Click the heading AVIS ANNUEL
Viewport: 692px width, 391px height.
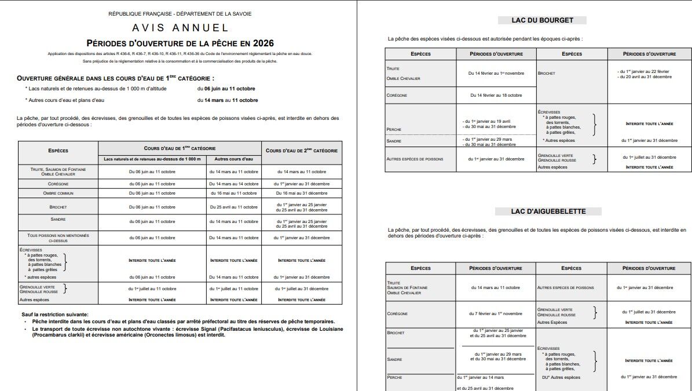[x=180, y=28]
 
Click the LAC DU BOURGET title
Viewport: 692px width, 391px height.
[x=542, y=20]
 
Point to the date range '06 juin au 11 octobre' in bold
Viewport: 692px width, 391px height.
[x=226, y=89]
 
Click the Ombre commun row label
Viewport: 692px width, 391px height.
[x=58, y=193]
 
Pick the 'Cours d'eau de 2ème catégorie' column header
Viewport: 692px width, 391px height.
[x=302, y=151]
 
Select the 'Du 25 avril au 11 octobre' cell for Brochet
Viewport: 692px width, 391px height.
[x=233, y=207]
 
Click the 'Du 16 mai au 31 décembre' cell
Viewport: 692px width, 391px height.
[x=302, y=193]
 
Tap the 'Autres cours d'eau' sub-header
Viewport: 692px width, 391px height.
[x=233, y=159]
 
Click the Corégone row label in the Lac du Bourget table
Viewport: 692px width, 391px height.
[x=397, y=95]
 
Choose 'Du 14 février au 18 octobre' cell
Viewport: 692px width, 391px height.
[x=496, y=95]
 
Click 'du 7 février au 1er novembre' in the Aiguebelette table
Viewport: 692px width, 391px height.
[x=496, y=313]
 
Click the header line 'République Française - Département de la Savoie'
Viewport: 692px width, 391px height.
[x=180, y=13]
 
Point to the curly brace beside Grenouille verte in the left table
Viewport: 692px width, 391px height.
[x=65, y=287]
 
